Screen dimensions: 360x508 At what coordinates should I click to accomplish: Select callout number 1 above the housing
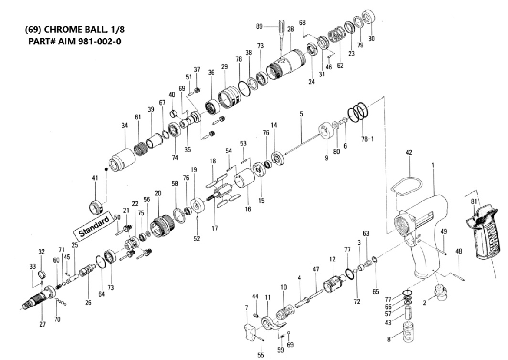[x=434, y=165]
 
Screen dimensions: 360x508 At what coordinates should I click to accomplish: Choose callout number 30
[x=371, y=39]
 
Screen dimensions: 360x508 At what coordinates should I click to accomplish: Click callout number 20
[x=158, y=193]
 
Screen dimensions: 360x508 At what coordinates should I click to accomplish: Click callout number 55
[x=260, y=354]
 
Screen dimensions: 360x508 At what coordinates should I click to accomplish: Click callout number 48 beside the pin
[x=459, y=251]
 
